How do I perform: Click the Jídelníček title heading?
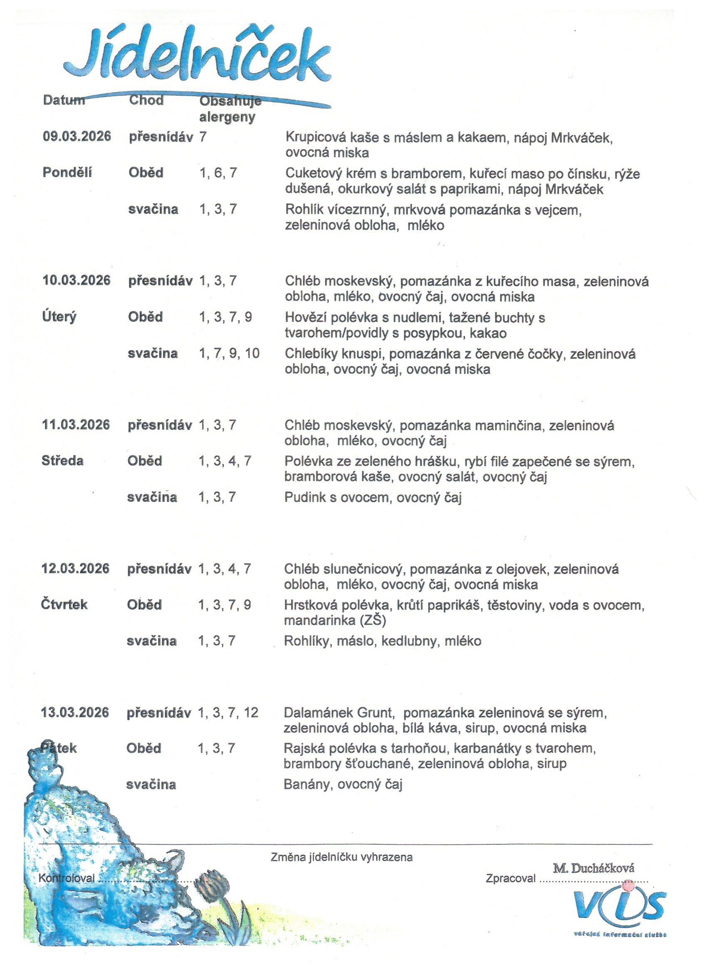coord(197,56)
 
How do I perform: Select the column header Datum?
coord(64,100)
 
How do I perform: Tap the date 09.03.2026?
coord(77,137)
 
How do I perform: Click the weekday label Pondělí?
coord(67,173)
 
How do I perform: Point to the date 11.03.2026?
coord(76,425)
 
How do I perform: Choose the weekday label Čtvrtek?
coord(64,605)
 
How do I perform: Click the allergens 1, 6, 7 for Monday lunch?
coord(218,173)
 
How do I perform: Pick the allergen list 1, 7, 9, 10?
coord(229,353)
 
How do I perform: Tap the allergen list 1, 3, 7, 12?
coord(227,713)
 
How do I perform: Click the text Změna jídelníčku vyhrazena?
coord(341,857)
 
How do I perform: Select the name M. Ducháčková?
coord(593,868)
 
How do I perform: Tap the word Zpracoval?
coord(510,878)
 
